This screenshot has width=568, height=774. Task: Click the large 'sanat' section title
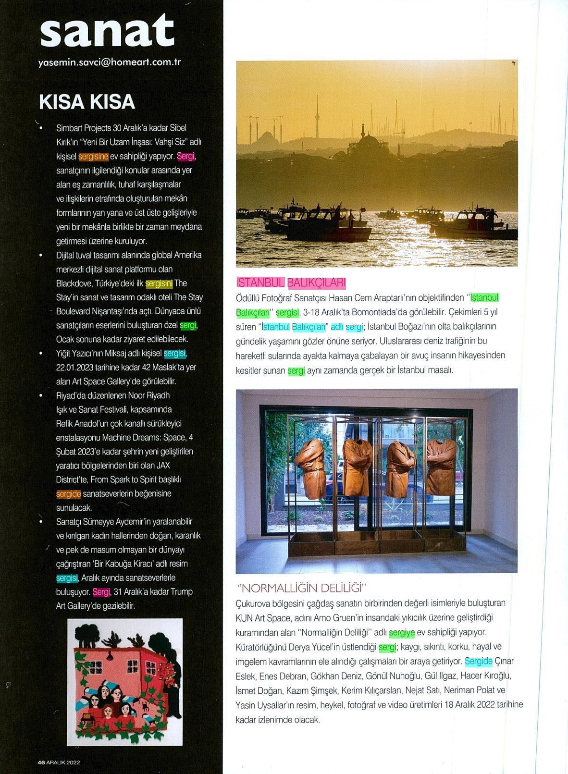[x=106, y=31]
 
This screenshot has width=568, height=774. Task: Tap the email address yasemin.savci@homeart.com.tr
[x=110, y=62]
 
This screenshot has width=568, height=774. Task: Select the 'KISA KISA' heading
[x=86, y=102]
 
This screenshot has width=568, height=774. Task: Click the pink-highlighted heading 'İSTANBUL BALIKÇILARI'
[x=291, y=283]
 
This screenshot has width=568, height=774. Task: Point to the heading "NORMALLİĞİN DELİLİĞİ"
[x=302, y=588]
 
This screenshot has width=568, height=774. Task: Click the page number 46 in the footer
[x=41, y=762]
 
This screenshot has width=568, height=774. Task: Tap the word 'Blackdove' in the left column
[x=74, y=283]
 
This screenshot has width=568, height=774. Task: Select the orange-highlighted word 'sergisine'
[x=93, y=156]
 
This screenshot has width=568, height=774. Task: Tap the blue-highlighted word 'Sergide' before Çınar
[x=478, y=662]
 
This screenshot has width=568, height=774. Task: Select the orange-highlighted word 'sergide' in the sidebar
[x=68, y=493]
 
